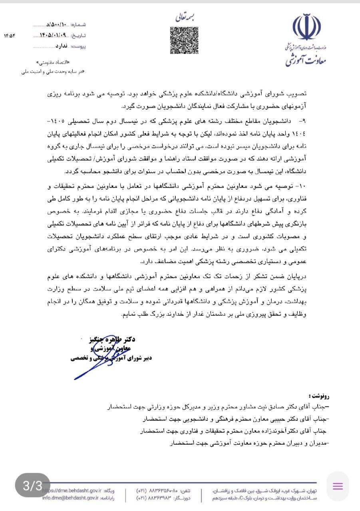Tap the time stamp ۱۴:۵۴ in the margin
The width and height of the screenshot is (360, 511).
point(9,36)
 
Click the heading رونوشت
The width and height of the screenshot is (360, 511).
point(320,396)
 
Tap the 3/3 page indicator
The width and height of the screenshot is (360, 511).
point(32,485)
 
